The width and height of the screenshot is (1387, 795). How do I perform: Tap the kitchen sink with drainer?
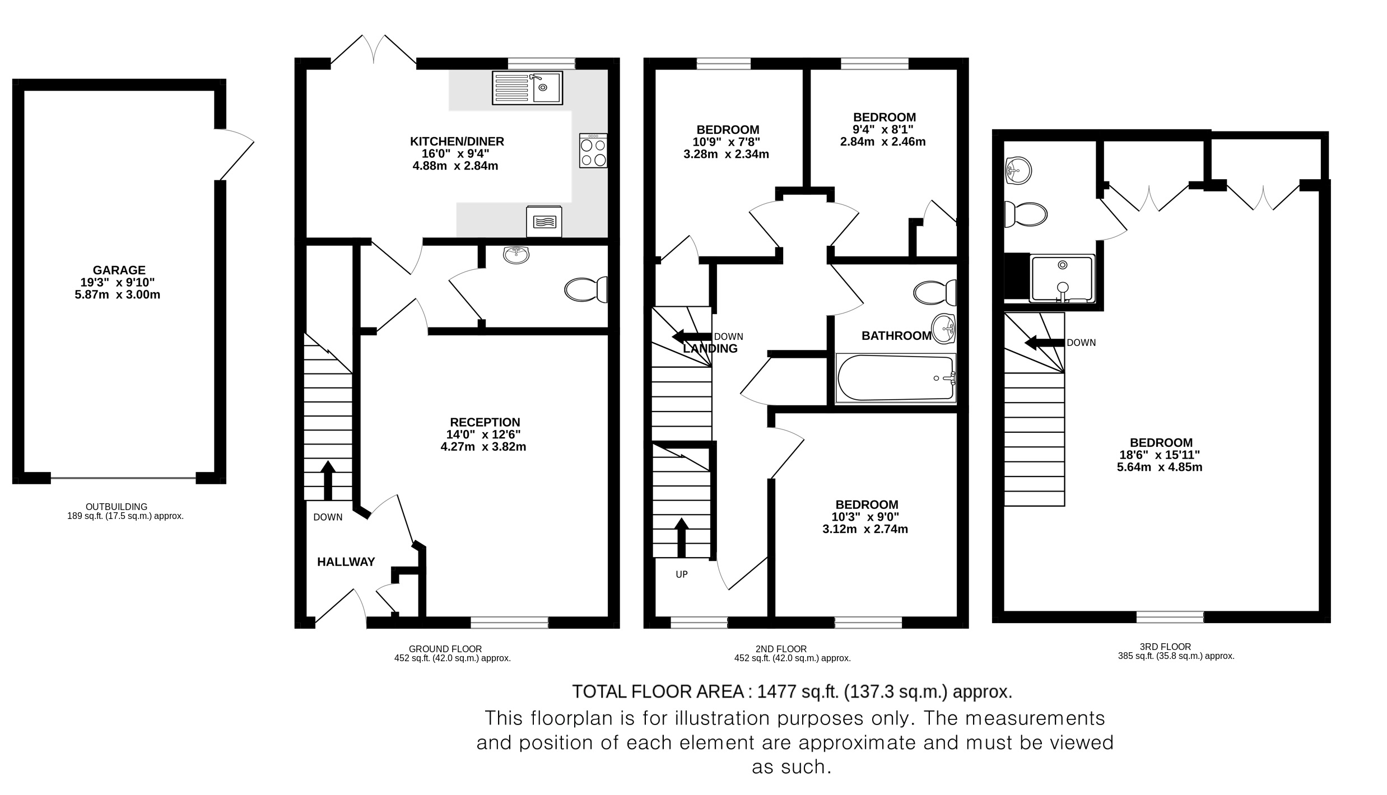527,88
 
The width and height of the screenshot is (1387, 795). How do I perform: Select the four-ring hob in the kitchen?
593,151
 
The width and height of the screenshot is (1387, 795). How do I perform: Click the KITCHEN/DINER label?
457,142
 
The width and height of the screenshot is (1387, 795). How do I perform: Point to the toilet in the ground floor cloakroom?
586,289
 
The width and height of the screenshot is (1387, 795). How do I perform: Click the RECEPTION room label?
485,423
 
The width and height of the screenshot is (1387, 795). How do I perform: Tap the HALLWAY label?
346,562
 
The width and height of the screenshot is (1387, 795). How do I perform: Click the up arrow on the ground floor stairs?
328,480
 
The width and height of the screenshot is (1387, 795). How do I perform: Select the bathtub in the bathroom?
895,378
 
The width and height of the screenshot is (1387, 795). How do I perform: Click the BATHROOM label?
896,336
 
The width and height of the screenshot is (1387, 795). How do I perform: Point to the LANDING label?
710,349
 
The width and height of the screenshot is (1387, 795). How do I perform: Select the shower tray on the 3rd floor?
1062,278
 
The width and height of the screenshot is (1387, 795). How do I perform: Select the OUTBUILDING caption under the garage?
117,507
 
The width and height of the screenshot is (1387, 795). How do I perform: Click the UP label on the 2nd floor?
682,574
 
